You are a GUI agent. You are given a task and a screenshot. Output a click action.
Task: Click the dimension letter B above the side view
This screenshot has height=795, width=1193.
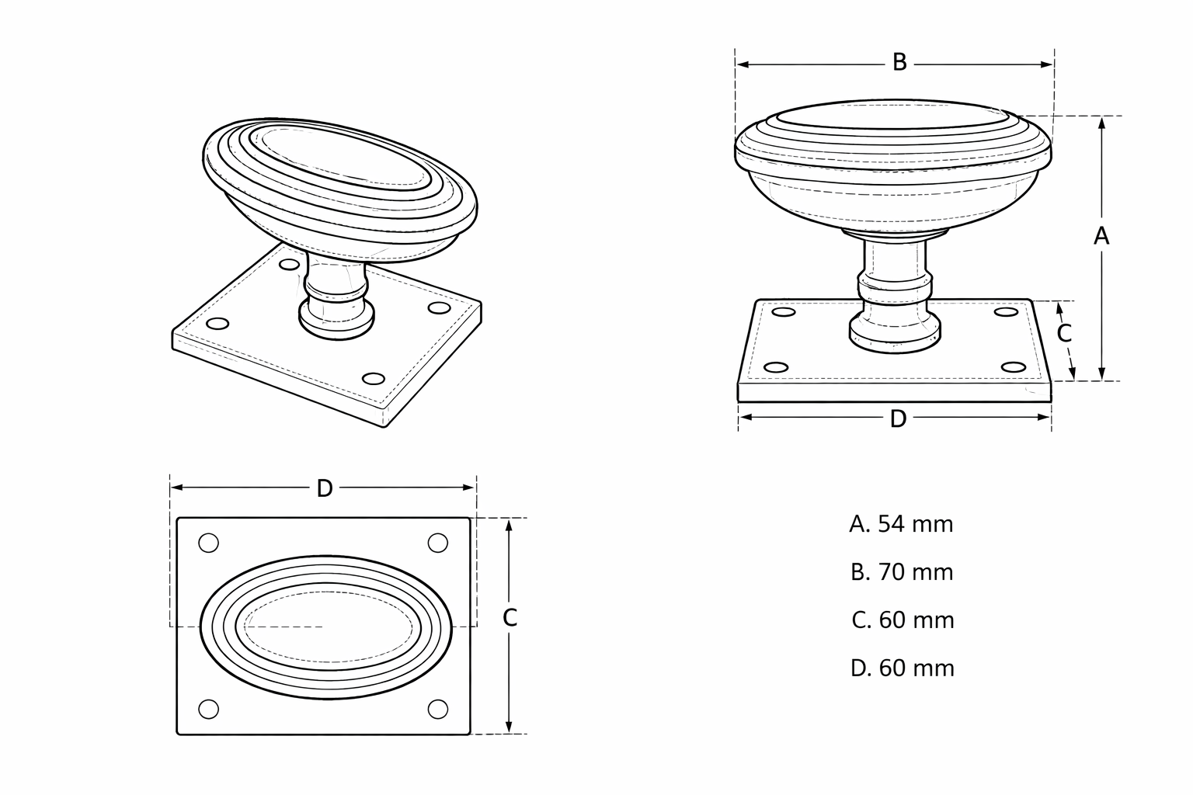[899, 63]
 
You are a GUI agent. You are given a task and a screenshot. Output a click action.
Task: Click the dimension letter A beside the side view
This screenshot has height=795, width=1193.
[1101, 236]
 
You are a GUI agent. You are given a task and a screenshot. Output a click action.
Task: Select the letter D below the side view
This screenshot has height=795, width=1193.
[898, 419]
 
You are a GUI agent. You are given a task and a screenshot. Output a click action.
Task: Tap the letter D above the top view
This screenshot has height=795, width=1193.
[325, 488]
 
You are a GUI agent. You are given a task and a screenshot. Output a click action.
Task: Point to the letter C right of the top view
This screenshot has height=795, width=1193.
[510, 618]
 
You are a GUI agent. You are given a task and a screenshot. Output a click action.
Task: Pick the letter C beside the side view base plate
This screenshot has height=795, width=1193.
[1063, 333]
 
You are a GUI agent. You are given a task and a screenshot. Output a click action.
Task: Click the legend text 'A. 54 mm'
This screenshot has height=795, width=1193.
[901, 524]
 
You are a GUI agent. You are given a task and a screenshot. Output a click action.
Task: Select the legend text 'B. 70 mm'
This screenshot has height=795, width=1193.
[902, 572]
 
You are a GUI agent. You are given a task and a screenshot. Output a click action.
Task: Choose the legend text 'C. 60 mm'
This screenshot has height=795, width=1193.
[903, 620]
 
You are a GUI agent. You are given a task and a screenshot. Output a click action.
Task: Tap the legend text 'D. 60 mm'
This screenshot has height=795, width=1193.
[903, 668]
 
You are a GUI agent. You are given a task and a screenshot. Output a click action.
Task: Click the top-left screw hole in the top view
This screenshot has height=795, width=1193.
[208, 543]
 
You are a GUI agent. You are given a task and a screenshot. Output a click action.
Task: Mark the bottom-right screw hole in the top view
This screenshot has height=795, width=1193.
[438, 710]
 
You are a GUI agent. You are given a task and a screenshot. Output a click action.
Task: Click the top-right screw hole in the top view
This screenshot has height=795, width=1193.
[438, 543]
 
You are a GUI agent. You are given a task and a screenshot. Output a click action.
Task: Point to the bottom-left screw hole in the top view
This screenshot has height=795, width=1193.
[208, 710]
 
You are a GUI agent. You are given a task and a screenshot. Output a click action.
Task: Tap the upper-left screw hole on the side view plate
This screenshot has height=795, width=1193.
[784, 312]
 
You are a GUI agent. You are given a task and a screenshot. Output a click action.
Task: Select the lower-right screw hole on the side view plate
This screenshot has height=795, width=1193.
[1013, 367]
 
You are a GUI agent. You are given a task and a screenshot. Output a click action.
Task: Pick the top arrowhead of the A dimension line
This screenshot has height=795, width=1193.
[1102, 123]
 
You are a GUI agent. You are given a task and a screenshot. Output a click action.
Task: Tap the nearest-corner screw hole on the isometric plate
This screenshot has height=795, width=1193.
[374, 379]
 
